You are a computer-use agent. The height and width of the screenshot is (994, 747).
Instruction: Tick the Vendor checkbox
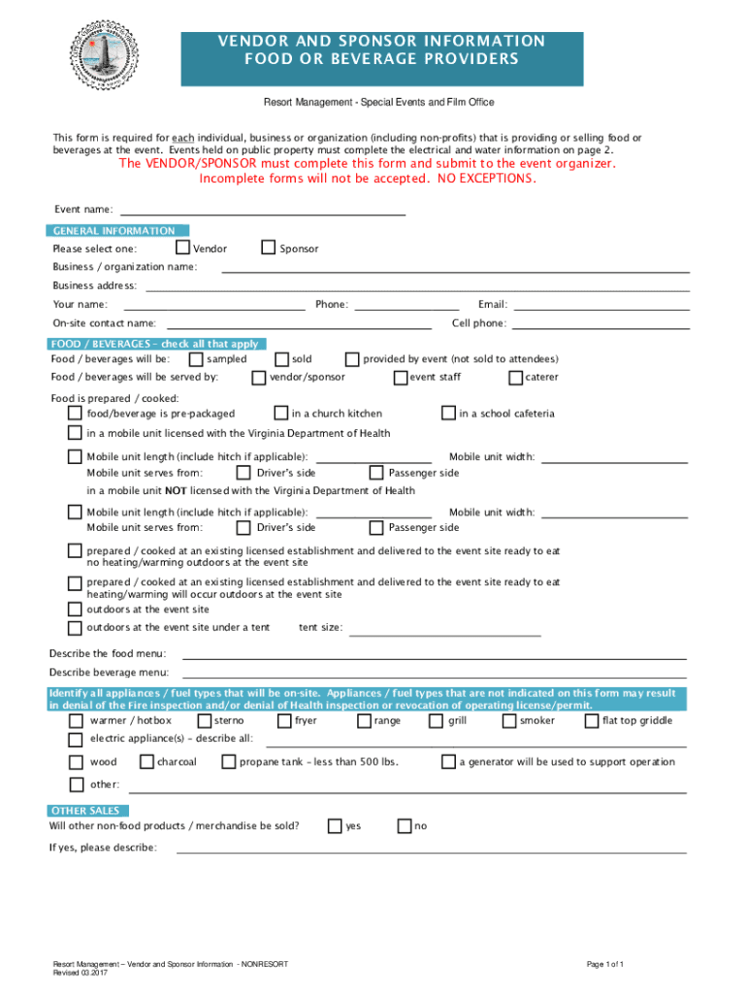181,248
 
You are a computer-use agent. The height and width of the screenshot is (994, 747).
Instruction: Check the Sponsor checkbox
269,248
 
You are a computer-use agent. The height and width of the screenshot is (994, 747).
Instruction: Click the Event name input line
262,212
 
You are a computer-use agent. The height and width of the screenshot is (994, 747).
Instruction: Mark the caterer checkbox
516,377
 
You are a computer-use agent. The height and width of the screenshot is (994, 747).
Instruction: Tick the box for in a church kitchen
281,413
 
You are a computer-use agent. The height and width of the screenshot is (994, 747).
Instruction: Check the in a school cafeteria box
448,413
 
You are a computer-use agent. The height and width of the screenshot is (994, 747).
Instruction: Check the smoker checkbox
509,720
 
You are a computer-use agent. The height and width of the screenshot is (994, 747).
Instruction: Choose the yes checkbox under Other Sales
335,826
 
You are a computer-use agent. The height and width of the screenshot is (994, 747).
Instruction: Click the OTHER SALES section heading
86,811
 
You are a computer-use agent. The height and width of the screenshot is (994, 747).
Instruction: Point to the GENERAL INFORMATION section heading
114,231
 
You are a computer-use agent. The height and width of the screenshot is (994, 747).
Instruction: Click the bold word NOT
176,491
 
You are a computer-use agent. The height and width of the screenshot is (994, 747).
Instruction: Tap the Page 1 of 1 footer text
604,964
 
